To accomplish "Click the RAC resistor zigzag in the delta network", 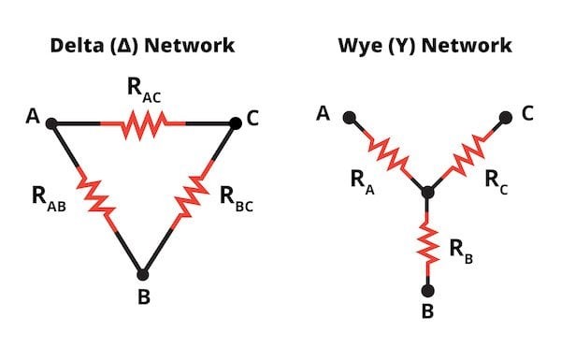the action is (x=143, y=124).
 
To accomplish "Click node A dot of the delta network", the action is (x=51, y=123).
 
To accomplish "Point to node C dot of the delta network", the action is (x=235, y=123).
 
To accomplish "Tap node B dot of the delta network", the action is (x=143, y=275).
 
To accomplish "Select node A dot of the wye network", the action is (x=349, y=117).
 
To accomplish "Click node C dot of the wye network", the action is (x=506, y=117).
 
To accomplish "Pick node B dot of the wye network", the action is (x=428, y=291).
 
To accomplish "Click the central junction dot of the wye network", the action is (x=428, y=193).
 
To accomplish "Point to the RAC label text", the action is (x=144, y=91).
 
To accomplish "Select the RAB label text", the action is (x=49, y=199).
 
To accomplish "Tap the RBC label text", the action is (x=237, y=199).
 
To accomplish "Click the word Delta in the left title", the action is (x=77, y=46).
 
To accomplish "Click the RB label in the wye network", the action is (x=461, y=252).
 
